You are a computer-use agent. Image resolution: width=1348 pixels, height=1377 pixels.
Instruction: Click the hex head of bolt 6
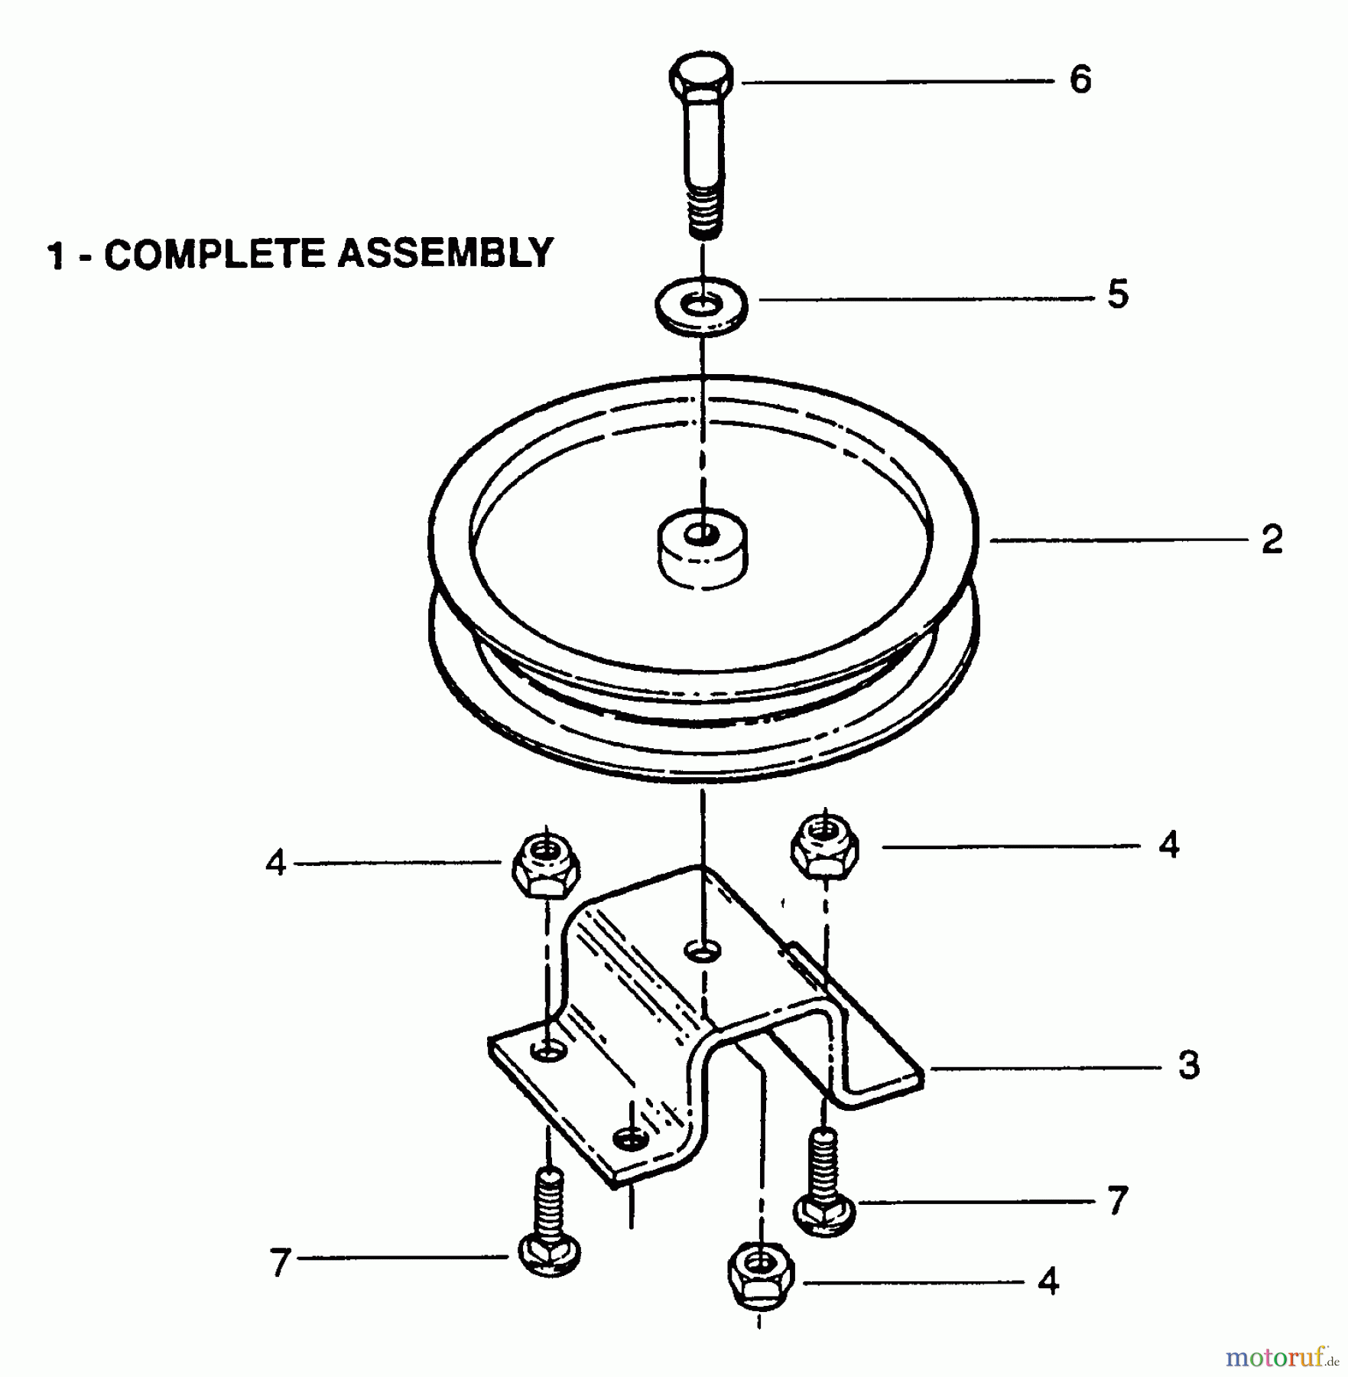701,79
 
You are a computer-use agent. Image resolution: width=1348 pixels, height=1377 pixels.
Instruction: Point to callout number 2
1272,540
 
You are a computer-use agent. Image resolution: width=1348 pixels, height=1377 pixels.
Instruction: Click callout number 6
1080,80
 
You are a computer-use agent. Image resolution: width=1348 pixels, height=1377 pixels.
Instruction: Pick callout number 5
1118,294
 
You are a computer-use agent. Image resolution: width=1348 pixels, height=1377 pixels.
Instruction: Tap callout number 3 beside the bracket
1189,1065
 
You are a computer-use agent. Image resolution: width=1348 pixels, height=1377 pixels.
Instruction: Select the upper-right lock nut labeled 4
824,846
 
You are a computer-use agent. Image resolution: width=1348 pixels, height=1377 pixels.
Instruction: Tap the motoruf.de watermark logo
1281,1358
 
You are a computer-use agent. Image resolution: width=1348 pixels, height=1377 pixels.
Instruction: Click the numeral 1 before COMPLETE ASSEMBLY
55,256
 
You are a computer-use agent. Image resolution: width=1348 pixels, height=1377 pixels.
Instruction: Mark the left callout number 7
280,1262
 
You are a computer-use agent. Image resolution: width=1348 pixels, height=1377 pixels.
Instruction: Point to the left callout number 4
275,864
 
